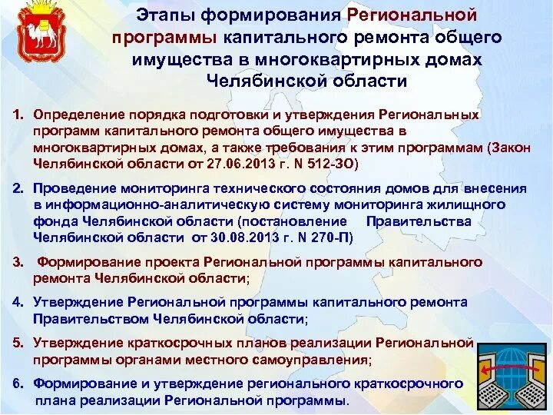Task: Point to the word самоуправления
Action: point(311,359)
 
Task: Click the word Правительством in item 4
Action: point(86,319)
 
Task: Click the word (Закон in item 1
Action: point(506,148)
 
